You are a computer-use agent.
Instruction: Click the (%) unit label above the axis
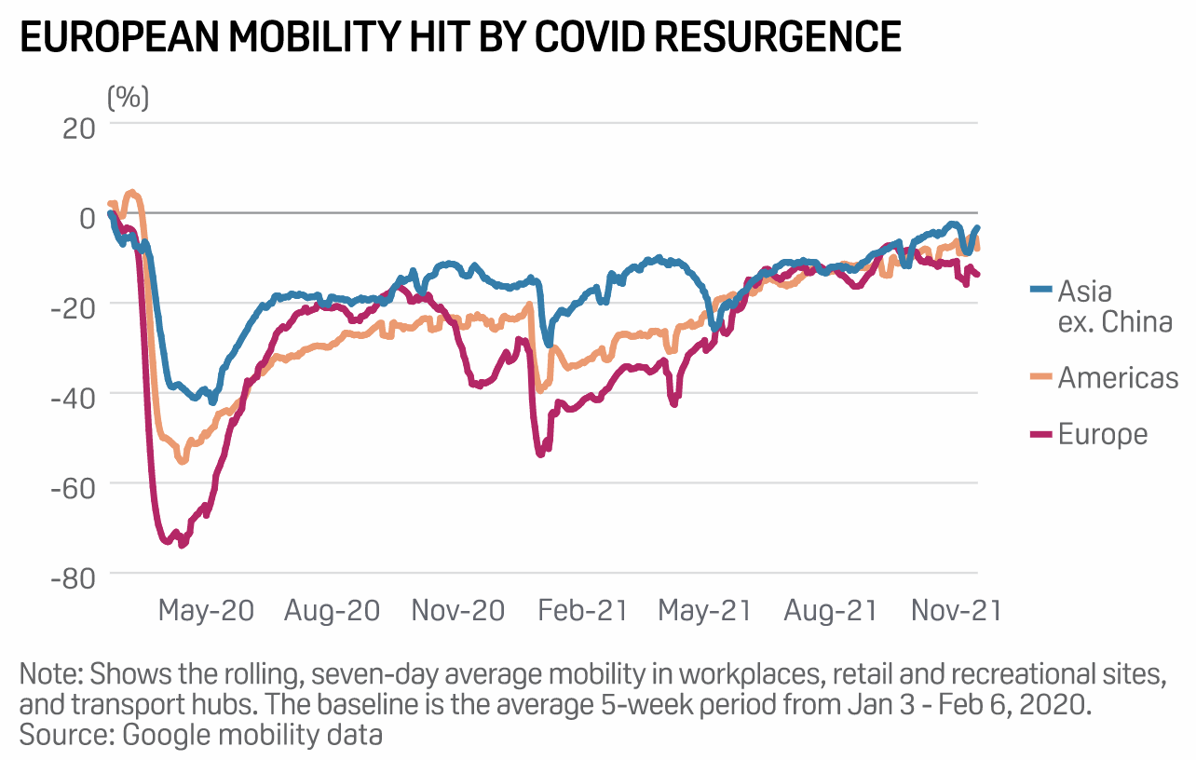point(128,96)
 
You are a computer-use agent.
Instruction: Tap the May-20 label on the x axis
point(206,610)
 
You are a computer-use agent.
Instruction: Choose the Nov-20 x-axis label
point(458,610)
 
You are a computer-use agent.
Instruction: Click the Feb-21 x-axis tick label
point(582,610)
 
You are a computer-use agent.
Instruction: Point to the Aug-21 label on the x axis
point(831,610)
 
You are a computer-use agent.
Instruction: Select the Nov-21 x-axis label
point(956,610)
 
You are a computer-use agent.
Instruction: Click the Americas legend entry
point(1118,377)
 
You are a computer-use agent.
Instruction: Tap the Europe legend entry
point(1102,434)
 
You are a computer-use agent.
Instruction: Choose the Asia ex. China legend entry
point(1114,306)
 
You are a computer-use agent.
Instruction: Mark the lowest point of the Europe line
point(182,545)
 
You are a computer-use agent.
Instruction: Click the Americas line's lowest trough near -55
point(183,461)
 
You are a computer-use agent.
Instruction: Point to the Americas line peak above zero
point(131,193)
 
